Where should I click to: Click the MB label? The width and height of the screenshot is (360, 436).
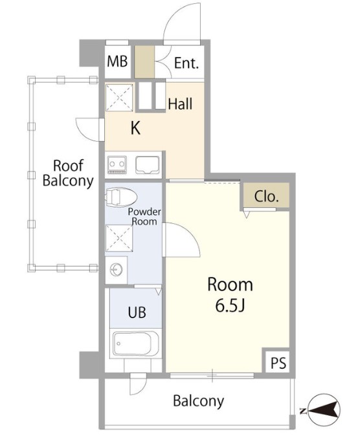117,61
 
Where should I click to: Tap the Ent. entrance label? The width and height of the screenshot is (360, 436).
186,63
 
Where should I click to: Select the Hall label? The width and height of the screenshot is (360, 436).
180,104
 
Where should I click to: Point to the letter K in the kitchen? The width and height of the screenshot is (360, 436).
135,128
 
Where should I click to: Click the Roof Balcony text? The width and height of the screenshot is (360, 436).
68,173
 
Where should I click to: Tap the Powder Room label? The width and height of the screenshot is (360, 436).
144,217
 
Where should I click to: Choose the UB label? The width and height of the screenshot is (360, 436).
137,312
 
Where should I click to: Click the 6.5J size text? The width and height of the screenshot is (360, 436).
230,305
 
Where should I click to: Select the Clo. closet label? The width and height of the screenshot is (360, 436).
266,197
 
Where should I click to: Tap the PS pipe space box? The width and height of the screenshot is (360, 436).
278,363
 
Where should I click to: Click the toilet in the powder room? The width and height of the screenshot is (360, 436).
121,197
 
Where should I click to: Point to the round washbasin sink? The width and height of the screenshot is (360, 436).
116,270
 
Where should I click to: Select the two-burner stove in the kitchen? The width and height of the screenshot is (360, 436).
117,165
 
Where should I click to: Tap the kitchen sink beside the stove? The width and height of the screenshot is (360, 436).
147,164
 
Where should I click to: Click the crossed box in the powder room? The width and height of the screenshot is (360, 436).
119,238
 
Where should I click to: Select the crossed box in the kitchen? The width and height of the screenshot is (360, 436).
119,98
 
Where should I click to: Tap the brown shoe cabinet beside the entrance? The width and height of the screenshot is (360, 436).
144,61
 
